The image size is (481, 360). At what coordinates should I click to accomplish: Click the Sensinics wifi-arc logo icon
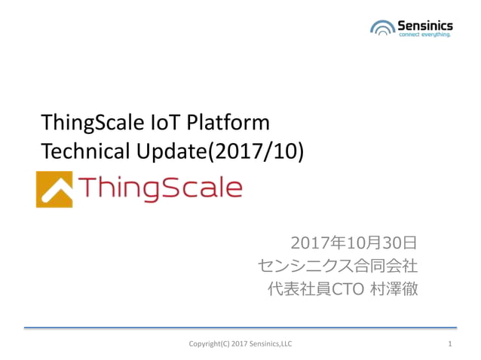click(382, 29)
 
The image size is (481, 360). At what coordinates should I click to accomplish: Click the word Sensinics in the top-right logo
click(424, 24)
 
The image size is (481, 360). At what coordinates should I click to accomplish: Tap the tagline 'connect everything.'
click(424, 35)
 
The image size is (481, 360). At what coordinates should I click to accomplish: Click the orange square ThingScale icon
click(54, 188)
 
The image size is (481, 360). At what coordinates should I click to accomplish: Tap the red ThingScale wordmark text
click(160, 188)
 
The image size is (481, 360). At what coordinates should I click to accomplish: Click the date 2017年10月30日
click(354, 243)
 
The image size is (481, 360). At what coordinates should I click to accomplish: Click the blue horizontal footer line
click(240, 328)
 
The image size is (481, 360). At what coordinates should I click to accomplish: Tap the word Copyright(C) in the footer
click(211, 344)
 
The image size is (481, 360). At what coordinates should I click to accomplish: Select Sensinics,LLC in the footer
click(272, 344)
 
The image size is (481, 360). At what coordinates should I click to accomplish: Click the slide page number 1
click(449, 344)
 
